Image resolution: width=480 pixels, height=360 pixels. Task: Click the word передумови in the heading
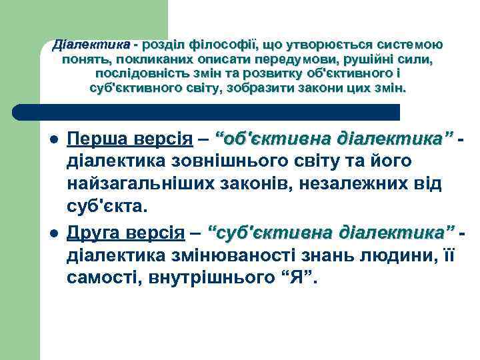coord(289,59)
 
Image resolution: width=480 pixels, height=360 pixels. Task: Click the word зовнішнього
coord(215,162)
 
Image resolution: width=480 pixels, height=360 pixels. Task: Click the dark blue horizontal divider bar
coord(207,111)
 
